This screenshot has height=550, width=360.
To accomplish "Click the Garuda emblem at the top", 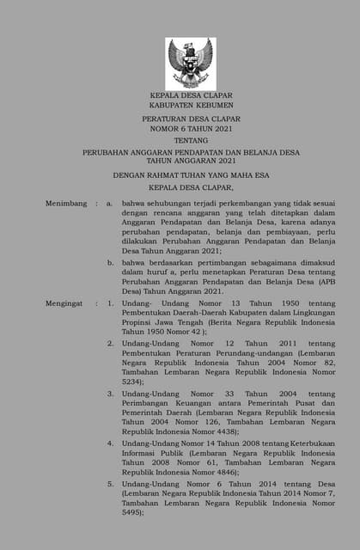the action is (x=191, y=63).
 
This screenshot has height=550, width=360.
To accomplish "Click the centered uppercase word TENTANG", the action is (x=191, y=141).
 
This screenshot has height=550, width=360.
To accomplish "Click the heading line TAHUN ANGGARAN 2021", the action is (x=191, y=161).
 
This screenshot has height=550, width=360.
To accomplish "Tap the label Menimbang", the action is (x=66, y=203).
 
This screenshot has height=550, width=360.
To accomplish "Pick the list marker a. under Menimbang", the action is (x=110, y=203).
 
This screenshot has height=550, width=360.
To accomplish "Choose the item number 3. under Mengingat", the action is (x=111, y=393).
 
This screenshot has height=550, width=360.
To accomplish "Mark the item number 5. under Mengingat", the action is (x=111, y=483).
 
